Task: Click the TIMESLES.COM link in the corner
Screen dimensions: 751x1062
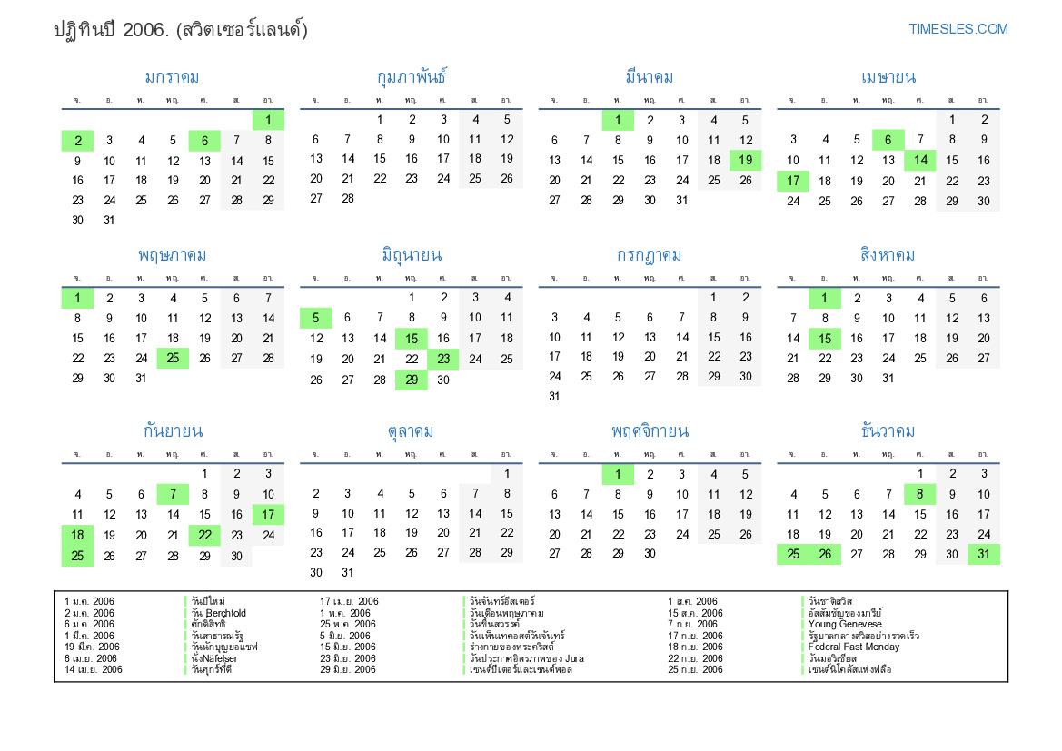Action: pyautogui.click(x=958, y=29)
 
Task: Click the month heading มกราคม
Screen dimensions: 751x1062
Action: pyautogui.click(x=172, y=77)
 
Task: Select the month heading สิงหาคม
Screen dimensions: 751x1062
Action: pyautogui.click(x=888, y=255)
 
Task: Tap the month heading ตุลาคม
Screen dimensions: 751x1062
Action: pyautogui.click(x=411, y=431)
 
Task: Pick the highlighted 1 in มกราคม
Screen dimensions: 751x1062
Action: pyautogui.click(x=268, y=120)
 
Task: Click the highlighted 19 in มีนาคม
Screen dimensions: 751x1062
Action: pyautogui.click(x=745, y=161)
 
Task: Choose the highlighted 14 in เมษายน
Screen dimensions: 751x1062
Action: pyautogui.click(x=920, y=161)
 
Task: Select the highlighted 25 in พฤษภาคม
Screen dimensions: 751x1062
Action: pyautogui.click(x=173, y=359)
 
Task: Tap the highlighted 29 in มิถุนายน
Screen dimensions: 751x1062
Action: pyautogui.click(x=412, y=380)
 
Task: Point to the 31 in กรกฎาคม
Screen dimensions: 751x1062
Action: pyautogui.click(x=554, y=397)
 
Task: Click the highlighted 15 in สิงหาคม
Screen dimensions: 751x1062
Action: pyautogui.click(x=825, y=339)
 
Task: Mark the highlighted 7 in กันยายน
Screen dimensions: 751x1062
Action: pyautogui.click(x=173, y=495)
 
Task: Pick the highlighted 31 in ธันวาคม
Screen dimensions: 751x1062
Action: pyautogui.click(x=984, y=555)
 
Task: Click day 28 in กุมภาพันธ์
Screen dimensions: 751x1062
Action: pyautogui.click(x=347, y=199)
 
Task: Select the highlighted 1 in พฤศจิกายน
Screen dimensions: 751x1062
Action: pyautogui.click(x=618, y=474)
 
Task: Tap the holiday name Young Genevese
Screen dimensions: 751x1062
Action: pyautogui.click(x=845, y=625)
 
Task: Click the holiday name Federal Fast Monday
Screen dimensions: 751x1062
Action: pyautogui.click(x=854, y=647)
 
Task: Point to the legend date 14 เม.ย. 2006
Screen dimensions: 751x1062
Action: pyautogui.click(x=94, y=670)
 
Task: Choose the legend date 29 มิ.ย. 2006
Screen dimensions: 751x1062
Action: pyautogui.click(x=348, y=670)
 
